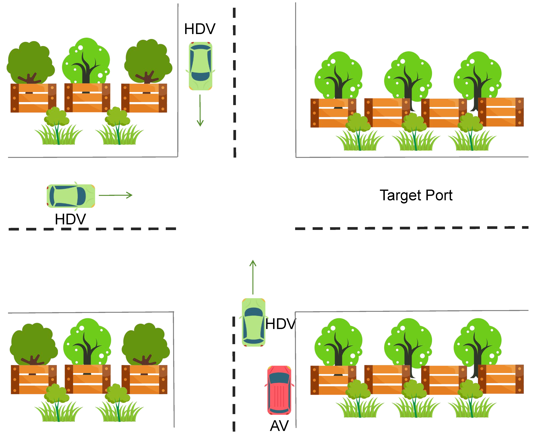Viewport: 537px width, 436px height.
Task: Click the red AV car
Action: click(279, 390)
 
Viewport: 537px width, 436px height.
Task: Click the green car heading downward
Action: click(200, 66)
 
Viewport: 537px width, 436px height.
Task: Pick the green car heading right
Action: click(71, 196)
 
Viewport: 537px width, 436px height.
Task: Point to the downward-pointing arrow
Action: click(200, 110)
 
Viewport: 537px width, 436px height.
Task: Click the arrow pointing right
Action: click(115, 195)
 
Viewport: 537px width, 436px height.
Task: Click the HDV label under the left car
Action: click(70, 219)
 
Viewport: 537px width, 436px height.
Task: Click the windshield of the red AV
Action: click(279, 378)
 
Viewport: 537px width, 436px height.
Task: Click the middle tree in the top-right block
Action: click(408, 75)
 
